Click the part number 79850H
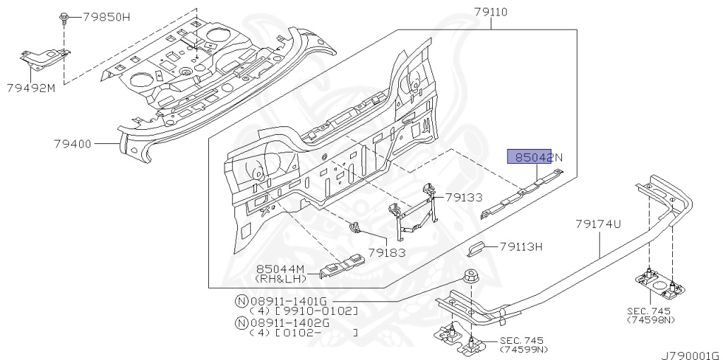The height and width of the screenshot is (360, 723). coord(106,18)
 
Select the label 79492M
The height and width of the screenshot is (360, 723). coord(31,88)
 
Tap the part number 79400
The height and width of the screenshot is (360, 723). coord(73,144)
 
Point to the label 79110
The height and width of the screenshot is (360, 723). coord(491,12)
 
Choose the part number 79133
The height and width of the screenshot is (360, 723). coord(463,198)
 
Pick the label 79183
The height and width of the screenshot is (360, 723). coord(387,252)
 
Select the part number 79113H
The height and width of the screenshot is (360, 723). coord(521,247)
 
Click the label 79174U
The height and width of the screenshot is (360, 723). coord(598,224)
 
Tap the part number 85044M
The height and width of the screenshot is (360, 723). coord(280,269)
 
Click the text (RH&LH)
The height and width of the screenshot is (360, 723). coord(280,279)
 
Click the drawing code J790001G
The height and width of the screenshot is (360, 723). coord(691,356)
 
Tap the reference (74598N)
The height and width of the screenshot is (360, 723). coord(650,320)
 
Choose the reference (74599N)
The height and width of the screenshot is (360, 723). coord(525,350)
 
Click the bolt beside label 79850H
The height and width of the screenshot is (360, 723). coord(63,18)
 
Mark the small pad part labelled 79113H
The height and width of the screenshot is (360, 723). coord(477,248)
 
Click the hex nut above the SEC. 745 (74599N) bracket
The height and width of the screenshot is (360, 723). coord(471,276)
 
